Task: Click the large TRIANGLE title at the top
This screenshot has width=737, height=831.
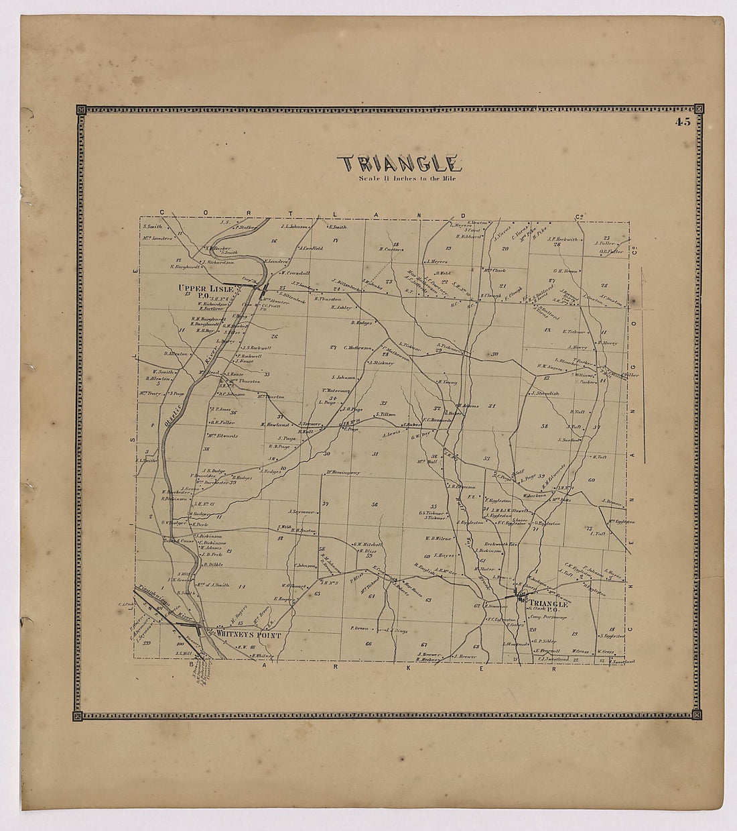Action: [x=399, y=164]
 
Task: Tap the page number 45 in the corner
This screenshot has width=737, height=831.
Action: [x=683, y=122]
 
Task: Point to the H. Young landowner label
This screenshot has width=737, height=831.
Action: [x=446, y=382]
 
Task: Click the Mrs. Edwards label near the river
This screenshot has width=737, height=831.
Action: [x=224, y=435]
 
